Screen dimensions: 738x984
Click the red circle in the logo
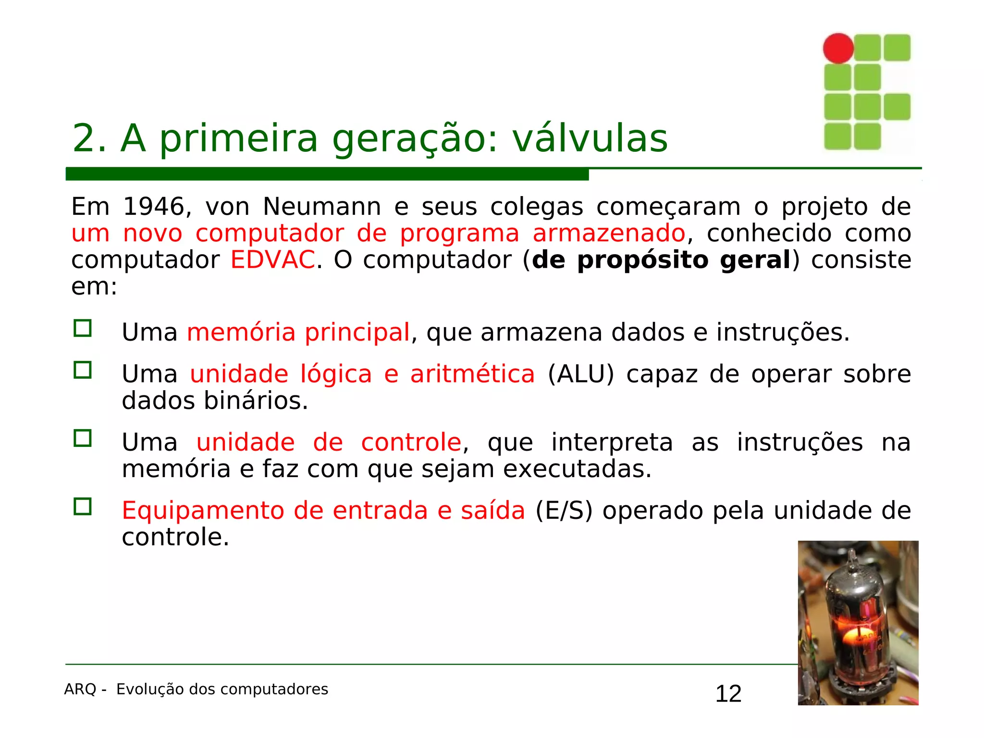coord(838,48)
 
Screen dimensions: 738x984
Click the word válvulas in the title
coord(590,138)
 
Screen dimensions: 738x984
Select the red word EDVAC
coord(272,260)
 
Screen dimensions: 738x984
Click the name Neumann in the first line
coord(322,207)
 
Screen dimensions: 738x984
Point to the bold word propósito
coord(642,260)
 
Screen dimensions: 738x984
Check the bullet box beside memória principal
coord(83,329)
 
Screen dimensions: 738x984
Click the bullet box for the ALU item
coord(83,370)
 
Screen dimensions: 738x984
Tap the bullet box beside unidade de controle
coord(83,438)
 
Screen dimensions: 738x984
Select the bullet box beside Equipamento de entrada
coord(83,506)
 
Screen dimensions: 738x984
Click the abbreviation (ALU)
coord(581,374)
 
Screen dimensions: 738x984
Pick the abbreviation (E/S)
coord(564,511)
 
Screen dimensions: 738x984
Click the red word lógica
coord(336,374)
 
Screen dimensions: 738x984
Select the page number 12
coord(728,694)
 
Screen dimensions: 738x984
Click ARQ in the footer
coord(80,689)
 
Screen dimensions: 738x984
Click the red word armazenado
coord(609,234)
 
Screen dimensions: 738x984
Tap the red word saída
coord(492,511)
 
